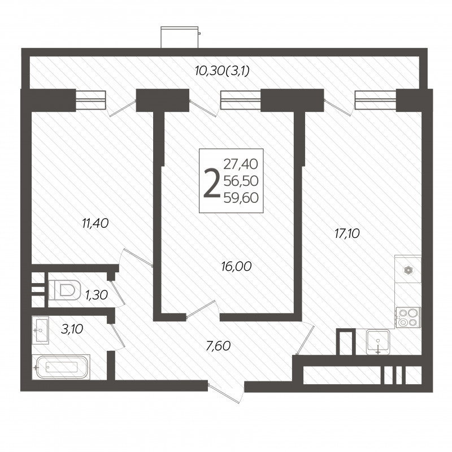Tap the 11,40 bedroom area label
click(x=95, y=223)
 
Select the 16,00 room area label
click(x=236, y=266)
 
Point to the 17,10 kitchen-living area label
click(x=347, y=234)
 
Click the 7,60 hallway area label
click(x=218, y=346)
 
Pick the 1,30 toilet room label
click(x=97, y=295)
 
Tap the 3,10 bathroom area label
click(x=72, y=329)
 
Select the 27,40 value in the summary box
click(x=241, y=164)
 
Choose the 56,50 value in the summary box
click(x=241, y=181)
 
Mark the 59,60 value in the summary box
click(x=241, y=198)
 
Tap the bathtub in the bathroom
click(x=61, y=367)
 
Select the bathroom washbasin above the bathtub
click(x=40, y=331)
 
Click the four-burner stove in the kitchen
click(x=408, y=318)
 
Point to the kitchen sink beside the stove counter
click(x=378, y=342)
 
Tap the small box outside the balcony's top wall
click(x=180, y=37)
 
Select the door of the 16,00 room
click(x=201, y=309)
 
